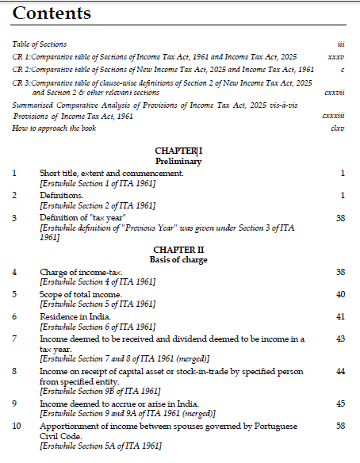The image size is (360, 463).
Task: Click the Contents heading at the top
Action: point(52,13)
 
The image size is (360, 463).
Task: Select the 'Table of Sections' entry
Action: point(40,44)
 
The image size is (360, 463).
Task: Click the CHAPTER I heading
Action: point(178,151)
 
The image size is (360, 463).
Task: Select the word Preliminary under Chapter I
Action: point(178,161)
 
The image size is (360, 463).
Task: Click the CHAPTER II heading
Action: point(178,250)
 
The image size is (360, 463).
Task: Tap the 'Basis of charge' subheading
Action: point(178,259)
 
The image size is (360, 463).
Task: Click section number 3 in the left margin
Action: point(14,217)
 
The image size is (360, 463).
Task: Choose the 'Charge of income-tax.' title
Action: point(81,273)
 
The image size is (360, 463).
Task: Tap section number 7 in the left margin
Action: point(14,339)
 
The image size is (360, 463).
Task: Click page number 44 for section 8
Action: point(340,371)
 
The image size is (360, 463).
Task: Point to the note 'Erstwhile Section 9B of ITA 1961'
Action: point(100,391)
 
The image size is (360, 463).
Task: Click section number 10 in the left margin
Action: point(16,427)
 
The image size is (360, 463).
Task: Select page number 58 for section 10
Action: point(340,427)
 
